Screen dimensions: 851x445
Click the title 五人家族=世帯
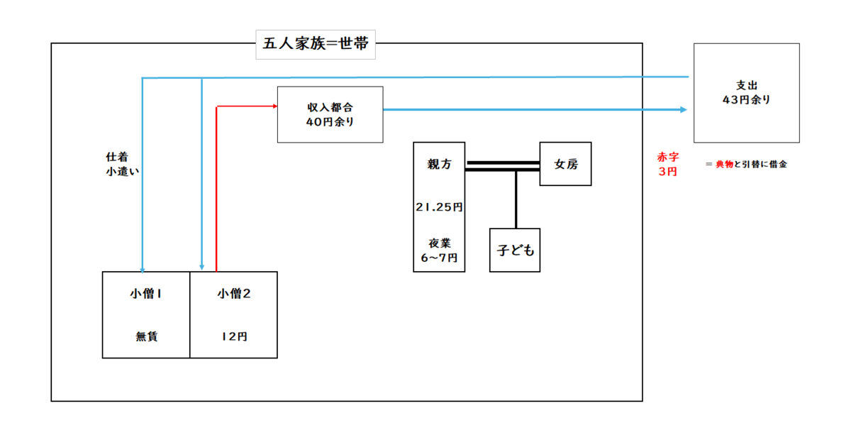[x=316, y=44]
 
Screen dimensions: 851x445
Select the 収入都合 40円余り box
[x=330, y=114]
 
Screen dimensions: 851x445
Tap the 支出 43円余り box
[x=747, y=93]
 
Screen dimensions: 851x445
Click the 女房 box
[x=565, y=164]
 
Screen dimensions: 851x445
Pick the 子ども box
[x=515, y=250]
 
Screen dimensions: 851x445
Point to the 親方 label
[x=439, y=164]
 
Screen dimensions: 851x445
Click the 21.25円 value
[x=439, y=207]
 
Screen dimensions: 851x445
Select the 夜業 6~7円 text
[x=439, y=251]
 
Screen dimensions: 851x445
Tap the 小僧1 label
[x=146, y=294]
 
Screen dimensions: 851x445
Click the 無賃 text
[x=147, y=336]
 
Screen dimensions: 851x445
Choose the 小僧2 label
[x=234, y=294]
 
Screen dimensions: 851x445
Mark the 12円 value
[x=235, y=336]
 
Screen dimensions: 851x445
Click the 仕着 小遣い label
[x=122, y=164]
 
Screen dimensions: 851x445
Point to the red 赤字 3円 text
[x=668, y=164]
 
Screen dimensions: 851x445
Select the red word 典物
[x=725, y=165]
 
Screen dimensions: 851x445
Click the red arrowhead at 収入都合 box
[x=275, y=106]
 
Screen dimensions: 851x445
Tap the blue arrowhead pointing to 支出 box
[x=684, y=109]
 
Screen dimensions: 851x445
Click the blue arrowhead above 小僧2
[x=201, y=268]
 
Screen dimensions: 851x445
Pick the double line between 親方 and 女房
[x=502, y=166]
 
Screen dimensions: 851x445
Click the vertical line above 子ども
[x=516, y=199]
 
